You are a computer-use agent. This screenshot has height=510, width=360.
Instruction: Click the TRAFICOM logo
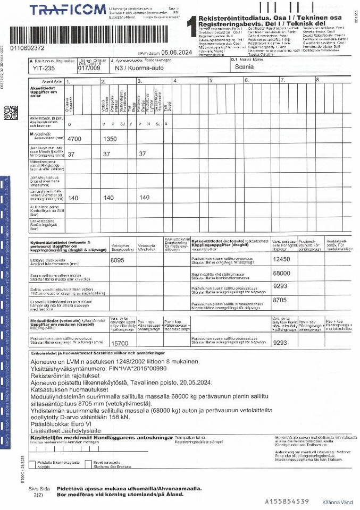click(68, 11)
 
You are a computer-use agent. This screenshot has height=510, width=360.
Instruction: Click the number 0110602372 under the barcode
click(27, 48)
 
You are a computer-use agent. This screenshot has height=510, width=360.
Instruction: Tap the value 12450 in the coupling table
click(281, 259)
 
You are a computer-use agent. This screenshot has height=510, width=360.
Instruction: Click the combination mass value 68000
click(281, 274)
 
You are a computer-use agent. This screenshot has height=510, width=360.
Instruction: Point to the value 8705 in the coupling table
click(280, 300)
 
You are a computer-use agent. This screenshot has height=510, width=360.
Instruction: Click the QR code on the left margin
click(11, 114)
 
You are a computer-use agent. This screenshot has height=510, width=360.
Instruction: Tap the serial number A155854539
click(287, 501)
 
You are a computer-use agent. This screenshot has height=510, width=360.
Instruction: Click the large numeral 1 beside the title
click(189, 27)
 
